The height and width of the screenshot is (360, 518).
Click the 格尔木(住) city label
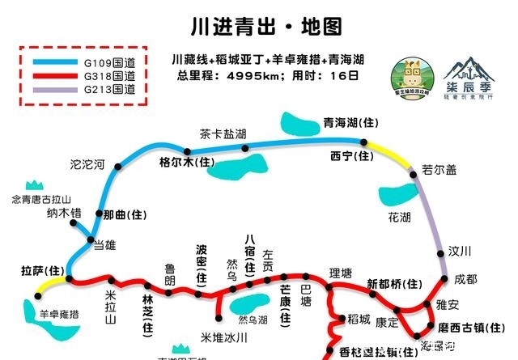[187, 162]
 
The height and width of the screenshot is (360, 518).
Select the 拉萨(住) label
[41, 269]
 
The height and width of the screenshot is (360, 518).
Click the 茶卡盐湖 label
[223, 133]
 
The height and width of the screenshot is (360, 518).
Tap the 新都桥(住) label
[395, 283]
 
